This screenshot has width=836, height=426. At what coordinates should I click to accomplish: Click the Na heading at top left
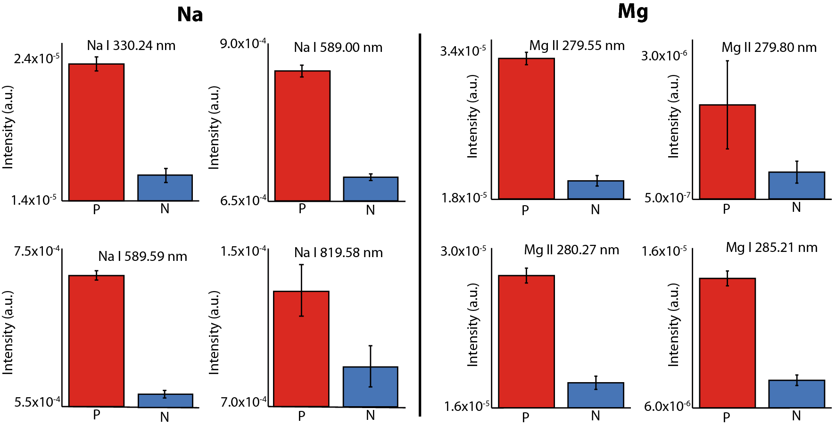pos(190,15)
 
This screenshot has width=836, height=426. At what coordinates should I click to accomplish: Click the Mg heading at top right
pos(633,12)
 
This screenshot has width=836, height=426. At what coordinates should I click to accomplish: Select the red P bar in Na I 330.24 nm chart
pos(96,133)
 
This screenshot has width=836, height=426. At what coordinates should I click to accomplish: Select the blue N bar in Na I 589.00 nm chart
pos(371,189)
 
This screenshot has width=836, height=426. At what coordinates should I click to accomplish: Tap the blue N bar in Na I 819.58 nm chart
pos(371,387)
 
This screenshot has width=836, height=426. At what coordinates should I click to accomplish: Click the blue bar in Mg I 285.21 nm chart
pos(796,394)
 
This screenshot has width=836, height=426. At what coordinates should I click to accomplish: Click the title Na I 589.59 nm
pos(142,256)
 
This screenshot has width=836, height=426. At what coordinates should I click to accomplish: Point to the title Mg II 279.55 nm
pos(577,46)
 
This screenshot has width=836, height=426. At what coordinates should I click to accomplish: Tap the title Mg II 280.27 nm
pos(571,250)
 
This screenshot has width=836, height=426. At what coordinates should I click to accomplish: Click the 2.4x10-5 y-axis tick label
pos(36,58)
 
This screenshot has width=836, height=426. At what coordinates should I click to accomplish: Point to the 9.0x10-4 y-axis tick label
pos(243,44)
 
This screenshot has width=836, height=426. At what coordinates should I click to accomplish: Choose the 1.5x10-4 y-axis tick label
pos(243,251)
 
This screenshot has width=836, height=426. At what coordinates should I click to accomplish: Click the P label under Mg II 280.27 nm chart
pos(525,417)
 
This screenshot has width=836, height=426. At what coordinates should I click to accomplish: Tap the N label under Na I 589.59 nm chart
pos(165,417)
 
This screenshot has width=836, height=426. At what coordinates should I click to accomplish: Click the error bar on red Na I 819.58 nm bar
pos(301,290)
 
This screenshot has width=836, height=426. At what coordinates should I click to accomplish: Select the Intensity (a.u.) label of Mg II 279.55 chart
pos(472,116)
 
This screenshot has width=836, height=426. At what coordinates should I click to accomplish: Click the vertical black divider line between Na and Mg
pos(419,225)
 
